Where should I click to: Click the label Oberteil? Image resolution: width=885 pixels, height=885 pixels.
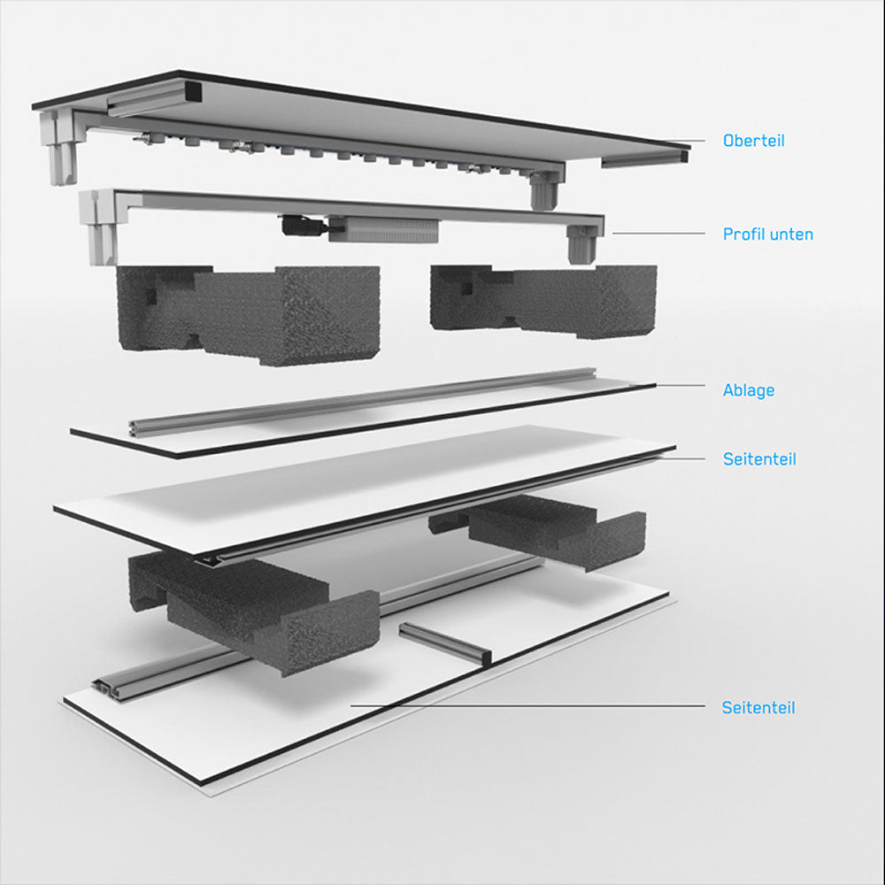pos(753,141)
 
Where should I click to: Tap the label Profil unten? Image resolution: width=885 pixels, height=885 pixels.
pos(767,235)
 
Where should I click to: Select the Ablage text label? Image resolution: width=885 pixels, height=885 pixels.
pos(748,390)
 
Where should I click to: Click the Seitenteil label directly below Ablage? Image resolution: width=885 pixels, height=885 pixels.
pos(759,459)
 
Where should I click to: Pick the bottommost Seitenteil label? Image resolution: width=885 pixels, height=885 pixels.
pos(758,708)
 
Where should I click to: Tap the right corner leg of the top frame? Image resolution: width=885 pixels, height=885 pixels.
pos(544,190)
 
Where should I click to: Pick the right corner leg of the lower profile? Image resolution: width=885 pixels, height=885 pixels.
pos(582,242)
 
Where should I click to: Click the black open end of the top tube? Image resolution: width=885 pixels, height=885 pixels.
pos(190,91)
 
